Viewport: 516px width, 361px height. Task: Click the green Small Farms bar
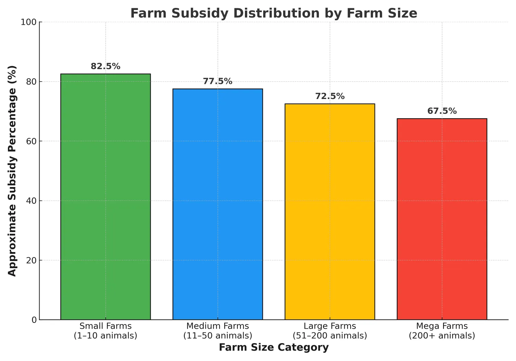[x=105, y=197]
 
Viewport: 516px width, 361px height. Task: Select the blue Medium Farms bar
[x=217, y=204]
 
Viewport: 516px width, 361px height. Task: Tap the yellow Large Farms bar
[x=330, y=212]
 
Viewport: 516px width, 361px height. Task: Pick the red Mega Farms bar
[x=442, y=219]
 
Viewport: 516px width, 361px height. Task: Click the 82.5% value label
[x=105, y=66]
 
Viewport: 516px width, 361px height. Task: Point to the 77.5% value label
[x=217, y=81]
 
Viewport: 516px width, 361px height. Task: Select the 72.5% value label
[x=330, y=96]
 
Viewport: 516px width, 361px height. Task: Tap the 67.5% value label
[x=442, y=111]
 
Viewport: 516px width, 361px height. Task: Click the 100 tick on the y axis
[x=29, y=22]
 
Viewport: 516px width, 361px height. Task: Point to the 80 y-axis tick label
[x=31, y=82]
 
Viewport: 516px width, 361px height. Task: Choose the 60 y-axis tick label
[x=31, y=141]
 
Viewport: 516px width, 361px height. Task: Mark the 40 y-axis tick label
[x=31, y=201]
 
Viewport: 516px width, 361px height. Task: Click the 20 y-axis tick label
[x=31, y=260]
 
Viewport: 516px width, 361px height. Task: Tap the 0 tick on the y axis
[x=34, y=320]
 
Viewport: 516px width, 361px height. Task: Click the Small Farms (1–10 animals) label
[x=105, y=331]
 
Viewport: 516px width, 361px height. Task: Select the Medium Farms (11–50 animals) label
[x=217, y=331]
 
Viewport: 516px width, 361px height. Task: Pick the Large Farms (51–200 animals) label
[x=330, y=331]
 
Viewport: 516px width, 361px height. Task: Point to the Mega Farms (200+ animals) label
[x=442, y=331]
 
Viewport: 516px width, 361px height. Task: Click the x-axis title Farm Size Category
[x=273, y=348]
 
